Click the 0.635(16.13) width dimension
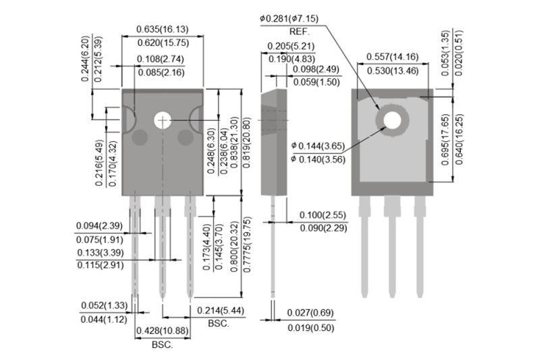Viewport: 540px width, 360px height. pyautogui.click(x=162, y=29)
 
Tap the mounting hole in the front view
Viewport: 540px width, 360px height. pyautogui.click(x=163, y=120)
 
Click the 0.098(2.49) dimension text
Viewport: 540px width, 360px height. pyautogui.click(x=315, y=70)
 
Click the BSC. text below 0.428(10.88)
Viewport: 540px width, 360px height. pyautogui.click(x=162, y=345)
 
